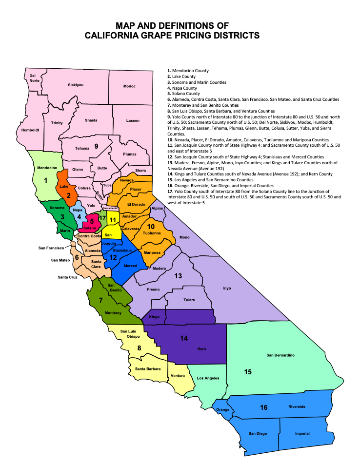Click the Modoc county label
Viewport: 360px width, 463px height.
point(129,86)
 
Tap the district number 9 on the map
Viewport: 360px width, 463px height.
point(96,146)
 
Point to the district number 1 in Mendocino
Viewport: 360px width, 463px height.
point(46,180)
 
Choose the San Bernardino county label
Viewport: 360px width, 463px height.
point(280,355)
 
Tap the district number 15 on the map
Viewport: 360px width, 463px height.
point(248,372)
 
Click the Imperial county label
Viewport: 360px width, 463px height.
point(302,433)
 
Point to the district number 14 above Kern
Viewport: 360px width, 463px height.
point(184,338)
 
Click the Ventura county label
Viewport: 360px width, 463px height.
point(178,376)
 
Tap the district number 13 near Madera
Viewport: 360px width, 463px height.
point(178,276)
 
